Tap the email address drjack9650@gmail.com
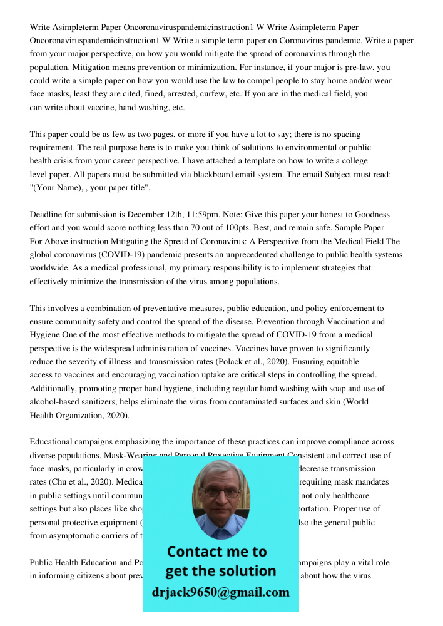point(221,592)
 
